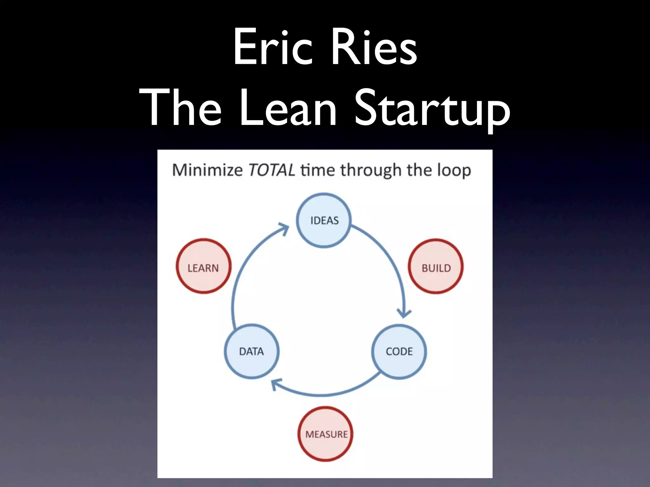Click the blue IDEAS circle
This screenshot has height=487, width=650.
tap(324, 220)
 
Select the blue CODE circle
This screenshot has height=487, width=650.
tap(399, 351)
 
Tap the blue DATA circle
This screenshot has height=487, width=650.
tap(252, 351)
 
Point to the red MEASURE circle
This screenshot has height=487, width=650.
tap(326, 434)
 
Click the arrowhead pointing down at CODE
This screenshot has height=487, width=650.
tap(404, 313)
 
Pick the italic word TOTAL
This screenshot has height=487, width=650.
tap(271, 170)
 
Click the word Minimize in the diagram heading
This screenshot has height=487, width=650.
tap(207, 170)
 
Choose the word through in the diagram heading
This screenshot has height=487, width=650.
tap(371, 171)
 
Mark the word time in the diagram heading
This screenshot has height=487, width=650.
tap(317, 170)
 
